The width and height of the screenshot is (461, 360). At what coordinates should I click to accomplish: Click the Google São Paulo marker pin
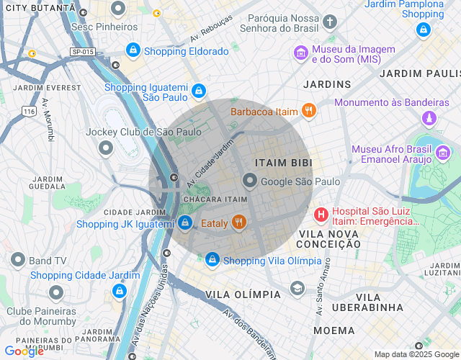(x=250, y=181)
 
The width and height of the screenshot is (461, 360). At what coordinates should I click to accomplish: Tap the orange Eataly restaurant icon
(x=240, y=223)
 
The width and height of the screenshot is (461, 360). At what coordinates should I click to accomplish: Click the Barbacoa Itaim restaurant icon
(x=309, y=111)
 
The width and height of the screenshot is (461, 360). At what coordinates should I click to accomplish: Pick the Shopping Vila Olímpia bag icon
(x=212, y=259)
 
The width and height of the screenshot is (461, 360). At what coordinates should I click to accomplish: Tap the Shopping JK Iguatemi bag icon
(x=185, y=223)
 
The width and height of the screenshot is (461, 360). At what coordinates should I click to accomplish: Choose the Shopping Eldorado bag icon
(x=133, y=50)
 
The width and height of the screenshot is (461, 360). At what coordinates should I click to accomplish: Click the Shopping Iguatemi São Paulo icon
(x=198, y=91)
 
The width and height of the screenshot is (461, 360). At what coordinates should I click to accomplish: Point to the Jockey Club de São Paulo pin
(x=106, y=148)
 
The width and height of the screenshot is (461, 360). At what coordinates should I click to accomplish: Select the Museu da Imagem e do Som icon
(x=301, y=53)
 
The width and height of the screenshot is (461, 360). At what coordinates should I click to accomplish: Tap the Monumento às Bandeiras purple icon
(x=429, y=117)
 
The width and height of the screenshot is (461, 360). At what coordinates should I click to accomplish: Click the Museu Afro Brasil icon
(x=443, y=153)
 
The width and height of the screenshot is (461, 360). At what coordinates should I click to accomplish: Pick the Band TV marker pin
(x=18, y=260)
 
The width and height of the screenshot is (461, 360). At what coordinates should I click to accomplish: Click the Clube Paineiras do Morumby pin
(x=56, y=292)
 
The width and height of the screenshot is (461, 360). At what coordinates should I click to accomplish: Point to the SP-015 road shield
(x=83, y=52)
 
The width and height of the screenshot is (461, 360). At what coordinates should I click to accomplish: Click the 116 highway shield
(x=29, y=112)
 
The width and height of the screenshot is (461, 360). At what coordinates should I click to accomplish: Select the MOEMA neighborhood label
(x=334, y=330)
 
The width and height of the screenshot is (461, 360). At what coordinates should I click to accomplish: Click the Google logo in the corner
(x=23, y=351)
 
